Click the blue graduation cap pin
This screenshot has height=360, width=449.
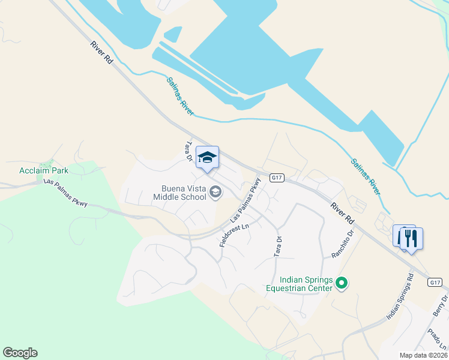[207, 158]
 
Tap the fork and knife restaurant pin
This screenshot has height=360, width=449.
[411, 238]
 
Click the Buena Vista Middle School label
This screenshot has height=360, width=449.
[179, 192]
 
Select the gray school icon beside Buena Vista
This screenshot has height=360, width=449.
[215, 192]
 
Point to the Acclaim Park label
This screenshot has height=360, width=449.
[44, 170]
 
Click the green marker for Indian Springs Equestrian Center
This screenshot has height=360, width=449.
[342, 282]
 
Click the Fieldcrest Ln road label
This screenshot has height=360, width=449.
[234, 232]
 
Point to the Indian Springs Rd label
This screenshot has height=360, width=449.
[400, 296]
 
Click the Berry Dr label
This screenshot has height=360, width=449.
[441, 307]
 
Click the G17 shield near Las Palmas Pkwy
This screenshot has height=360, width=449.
[276, 178]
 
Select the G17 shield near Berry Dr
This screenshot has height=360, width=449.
[435, 281]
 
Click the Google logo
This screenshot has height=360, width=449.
[20, 353]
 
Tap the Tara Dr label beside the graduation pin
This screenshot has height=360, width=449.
[188, 152]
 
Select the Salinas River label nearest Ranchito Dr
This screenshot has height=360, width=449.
[366, 176]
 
